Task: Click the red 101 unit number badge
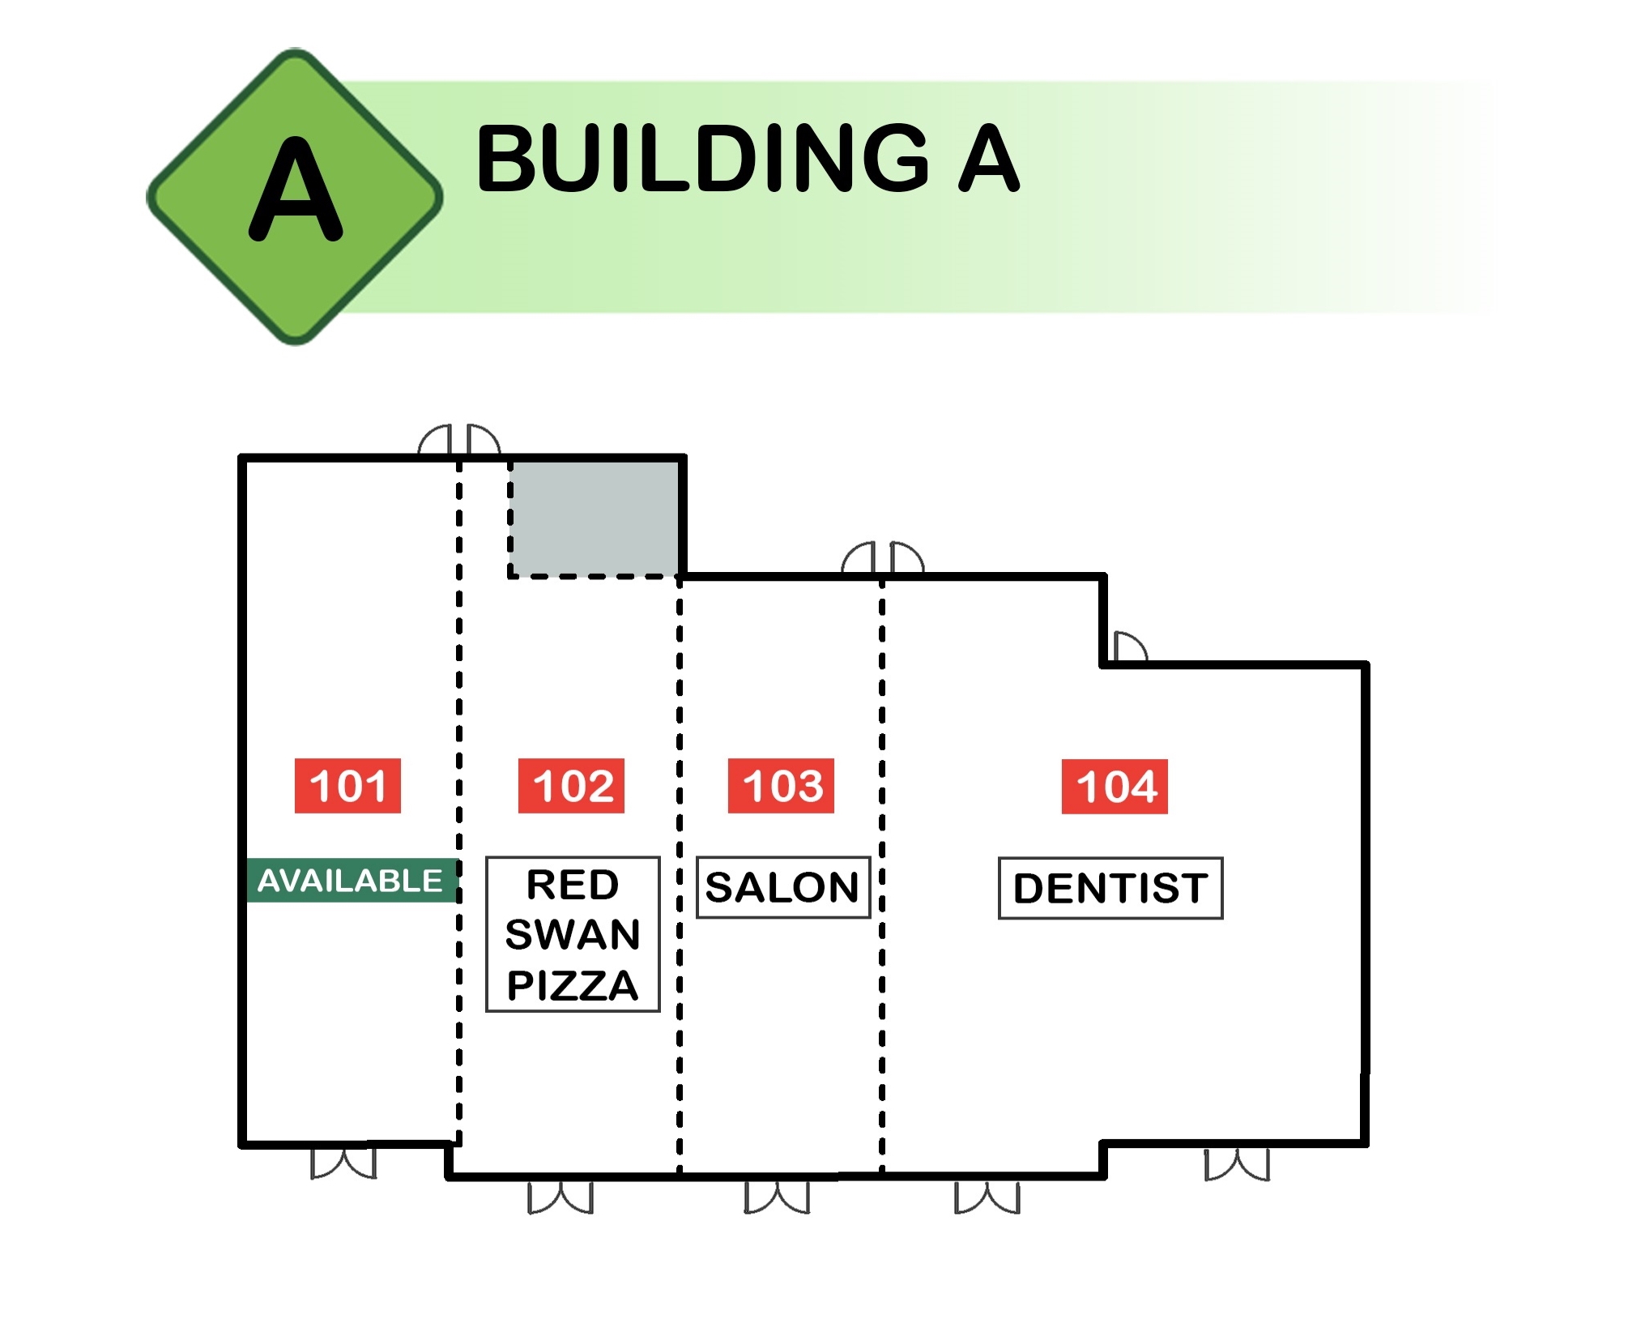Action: [x=347, y=785]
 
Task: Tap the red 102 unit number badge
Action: [x=571, y=785]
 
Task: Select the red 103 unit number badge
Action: [x=781, y=785]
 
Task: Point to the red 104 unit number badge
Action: [x=1115, y=786]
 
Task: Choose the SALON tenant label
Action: [x=783, y=887]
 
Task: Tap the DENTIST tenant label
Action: [x=1110, y=888]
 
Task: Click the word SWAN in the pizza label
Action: [x=573, y=934]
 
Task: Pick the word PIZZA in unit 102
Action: [x=573, y=985]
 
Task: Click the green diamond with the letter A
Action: [x=295, y=197]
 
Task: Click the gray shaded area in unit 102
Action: [x=595, y=519]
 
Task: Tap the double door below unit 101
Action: [x=343, y=1162]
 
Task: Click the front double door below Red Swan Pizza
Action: [x=560, y=1197]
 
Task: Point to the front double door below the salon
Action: [x=777, y=1197]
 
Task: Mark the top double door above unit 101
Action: [x=459, y=440]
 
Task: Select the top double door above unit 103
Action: [x=883, y=558]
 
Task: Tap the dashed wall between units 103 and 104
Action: [x=882, y=875]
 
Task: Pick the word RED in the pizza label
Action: [x=573, y=884]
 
